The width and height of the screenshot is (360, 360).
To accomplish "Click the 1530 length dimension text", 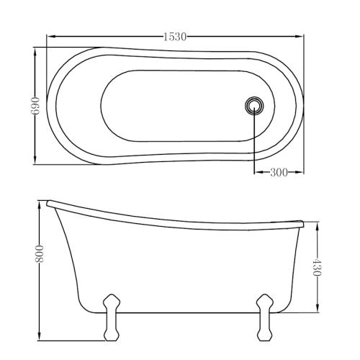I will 174,37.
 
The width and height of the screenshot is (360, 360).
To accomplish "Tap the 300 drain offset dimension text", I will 278,172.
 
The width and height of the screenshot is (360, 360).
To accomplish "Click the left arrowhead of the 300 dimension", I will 256,172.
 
